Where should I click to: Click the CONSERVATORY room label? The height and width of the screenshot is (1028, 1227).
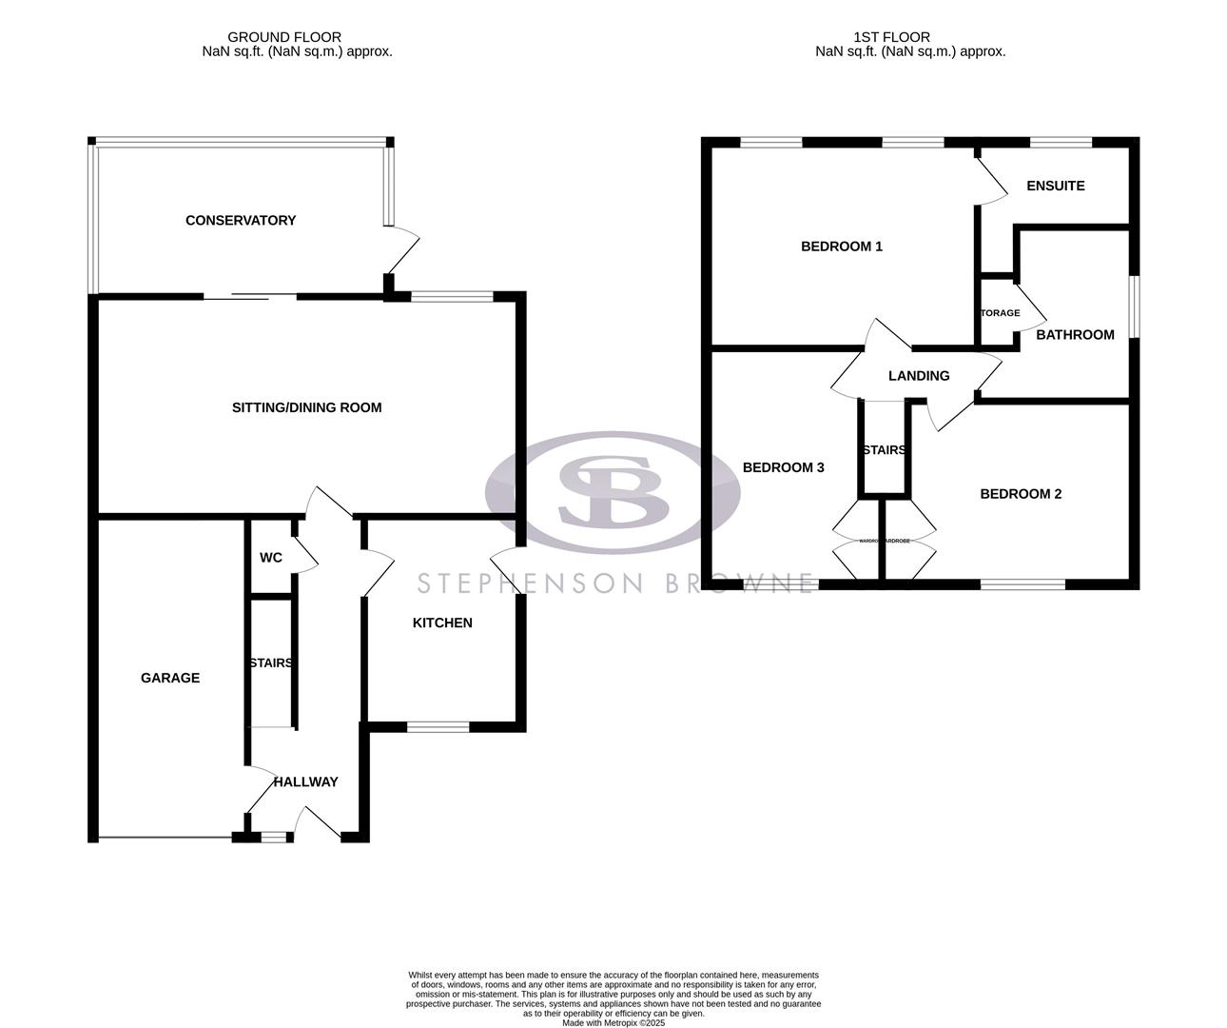click(x=241, y=221)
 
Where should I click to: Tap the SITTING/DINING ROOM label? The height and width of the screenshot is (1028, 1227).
click(x=306, y=407)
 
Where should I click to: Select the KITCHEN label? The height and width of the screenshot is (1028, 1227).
click(x=441, y=623)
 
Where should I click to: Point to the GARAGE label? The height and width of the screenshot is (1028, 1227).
click(x=170, y=678)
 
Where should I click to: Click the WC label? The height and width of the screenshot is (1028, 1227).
click(x=271, y=558)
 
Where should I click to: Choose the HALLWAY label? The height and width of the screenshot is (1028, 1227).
click(x=305, y=782)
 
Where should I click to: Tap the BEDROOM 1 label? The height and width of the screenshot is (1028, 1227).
click(x=842, y=247)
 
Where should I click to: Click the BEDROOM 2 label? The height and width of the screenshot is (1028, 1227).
click(x=1021, y=494)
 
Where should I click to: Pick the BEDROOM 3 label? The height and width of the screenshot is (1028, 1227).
click(x=783, y=467)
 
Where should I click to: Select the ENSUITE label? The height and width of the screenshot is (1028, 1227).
click(x=1056, y=186)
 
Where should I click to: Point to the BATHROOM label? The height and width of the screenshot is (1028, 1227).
click(x=1075, y=335)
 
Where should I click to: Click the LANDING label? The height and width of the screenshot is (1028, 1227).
click(x=919, y=376)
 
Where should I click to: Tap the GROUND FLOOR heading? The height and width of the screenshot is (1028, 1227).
click(x=284, y=37)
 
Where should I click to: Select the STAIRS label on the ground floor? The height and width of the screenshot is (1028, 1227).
click(x=271, y=663)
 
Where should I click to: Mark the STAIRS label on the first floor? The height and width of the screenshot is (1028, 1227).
click(x=884, y=450)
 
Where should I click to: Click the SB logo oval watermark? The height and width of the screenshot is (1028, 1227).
click(x=613, y=492)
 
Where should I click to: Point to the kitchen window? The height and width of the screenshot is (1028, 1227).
click(x=438, y=727)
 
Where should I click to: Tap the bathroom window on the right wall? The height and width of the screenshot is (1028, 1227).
click(x=1134, y=306)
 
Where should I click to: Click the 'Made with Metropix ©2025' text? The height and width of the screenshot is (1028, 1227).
click(x=613, y=1023)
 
